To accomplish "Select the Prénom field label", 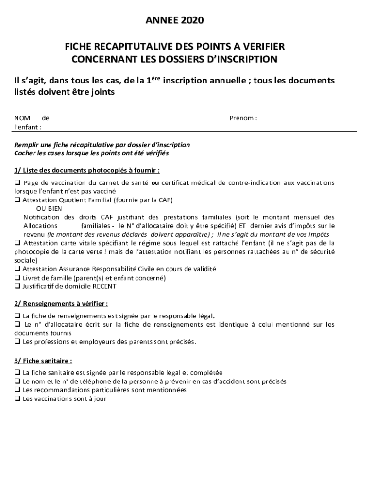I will pyautogui.click(x=243, y=118).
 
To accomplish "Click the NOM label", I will pyautogui.click(x=22, y=118).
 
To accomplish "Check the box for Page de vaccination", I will pyautogui.click(x=17, y=182).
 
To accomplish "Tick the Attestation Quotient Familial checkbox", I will pyautogui.click(x=17, y=200).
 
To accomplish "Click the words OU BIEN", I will pyautogui.click(x=46, y=208).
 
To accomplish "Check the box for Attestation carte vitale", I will pyautogui.click(x=17, y=243).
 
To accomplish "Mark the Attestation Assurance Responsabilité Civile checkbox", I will pyautogui.click(x=17, y=269).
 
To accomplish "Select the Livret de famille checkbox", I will pyautogui.click(x=17, y=278).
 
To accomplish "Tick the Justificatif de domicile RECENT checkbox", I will pyautogui.click(x=17, y=286).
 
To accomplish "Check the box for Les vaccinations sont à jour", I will pyautogui.click(x=17, y=398).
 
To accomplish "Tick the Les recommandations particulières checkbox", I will pyautogui.click(x=17, y=390).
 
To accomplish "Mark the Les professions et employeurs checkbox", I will pyautogui.click(x=17, y=341).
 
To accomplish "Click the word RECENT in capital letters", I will pyautogui.click(x=104, y=286).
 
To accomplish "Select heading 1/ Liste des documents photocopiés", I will pyautogui.click(x=87, y=170).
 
